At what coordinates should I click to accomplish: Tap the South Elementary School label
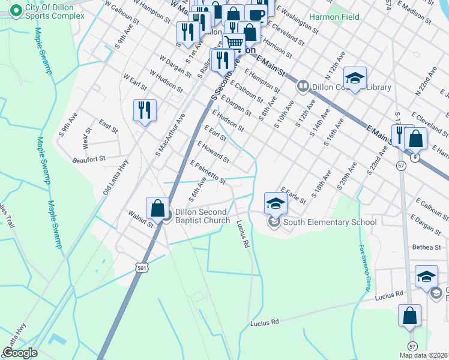coord(330,223)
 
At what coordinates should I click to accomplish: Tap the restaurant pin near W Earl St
coord(145,110)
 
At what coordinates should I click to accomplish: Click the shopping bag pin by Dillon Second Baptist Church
coord(157,208)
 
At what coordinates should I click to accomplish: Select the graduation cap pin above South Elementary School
coord(276,203)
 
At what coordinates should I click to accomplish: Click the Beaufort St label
coord(89,158)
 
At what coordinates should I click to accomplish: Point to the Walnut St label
coord(140,217)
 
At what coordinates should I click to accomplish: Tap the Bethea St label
coord(426,247)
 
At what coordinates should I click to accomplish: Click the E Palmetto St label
coord(208,172)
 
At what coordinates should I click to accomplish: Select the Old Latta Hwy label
coord(116,177)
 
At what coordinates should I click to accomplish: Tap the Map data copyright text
coord(423,355)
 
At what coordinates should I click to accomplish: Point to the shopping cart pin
coord(234,43)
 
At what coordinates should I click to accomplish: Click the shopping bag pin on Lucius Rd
coord(409,316)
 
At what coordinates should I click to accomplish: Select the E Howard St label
coord(213,152)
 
